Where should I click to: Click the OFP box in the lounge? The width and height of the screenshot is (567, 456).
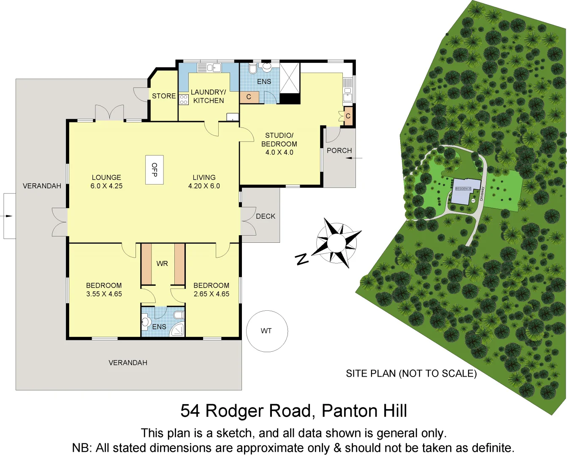coord(154,170)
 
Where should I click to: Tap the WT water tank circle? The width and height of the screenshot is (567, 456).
coord(267,331)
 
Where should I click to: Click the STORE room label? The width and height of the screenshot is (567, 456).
coord(164,96)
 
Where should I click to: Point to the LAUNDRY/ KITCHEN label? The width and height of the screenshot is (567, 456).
coord(208,96)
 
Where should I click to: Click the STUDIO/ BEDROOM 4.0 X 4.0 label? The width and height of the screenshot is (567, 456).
coord(279,144)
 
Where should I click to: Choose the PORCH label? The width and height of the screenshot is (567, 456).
coord(339,150)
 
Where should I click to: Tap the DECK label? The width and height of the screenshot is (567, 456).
coord(266,216)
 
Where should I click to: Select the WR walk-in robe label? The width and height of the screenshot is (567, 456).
coord(162,263)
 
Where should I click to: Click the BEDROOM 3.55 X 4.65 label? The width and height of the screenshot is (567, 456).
coord(104,290)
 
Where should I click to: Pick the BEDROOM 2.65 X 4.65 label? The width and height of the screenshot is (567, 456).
coord(211,290)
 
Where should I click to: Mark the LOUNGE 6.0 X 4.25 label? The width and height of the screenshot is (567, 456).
coord(106,182)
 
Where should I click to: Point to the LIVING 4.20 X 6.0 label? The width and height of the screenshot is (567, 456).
coord(204,182)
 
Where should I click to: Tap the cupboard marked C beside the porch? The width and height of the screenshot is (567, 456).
coord(348,116)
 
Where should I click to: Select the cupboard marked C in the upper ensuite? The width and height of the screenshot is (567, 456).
coord(249,97)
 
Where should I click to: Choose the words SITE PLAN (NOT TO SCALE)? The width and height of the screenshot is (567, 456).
coord(411,373)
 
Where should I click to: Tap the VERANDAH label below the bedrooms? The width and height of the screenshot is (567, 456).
coord(128,363)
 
